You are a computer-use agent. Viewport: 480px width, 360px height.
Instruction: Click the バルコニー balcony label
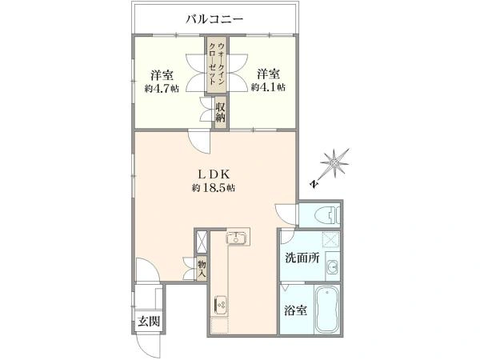(214, 19)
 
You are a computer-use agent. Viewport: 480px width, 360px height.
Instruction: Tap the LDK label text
(214, 174)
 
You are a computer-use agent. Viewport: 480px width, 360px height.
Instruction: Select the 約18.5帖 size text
(214, 188)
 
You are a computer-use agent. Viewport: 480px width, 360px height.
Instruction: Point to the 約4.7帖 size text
(162, 89)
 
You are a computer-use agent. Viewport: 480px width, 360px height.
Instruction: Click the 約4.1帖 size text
(268, 87)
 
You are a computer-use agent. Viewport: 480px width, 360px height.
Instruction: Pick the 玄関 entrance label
(149, 322)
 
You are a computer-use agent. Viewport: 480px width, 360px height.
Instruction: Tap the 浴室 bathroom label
(295, 310)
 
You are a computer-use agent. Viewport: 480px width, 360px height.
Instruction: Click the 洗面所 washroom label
(302, 258)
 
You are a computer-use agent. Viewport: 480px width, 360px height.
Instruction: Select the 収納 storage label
(221, 112)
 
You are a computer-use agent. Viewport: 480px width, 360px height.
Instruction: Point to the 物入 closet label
(202, 269)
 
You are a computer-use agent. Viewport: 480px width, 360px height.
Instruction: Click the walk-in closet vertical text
(217, 64)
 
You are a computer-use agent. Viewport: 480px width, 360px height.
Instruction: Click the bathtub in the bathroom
(327, 310)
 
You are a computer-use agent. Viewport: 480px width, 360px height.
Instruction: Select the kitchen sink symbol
(236, 238)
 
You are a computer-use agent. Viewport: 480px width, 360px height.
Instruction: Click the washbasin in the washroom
(332, 268)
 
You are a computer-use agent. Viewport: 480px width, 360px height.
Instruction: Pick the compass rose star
(335, 163)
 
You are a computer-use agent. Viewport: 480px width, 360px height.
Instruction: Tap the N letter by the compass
(314, 184)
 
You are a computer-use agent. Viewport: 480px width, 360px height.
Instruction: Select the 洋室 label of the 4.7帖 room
(162, 75)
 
